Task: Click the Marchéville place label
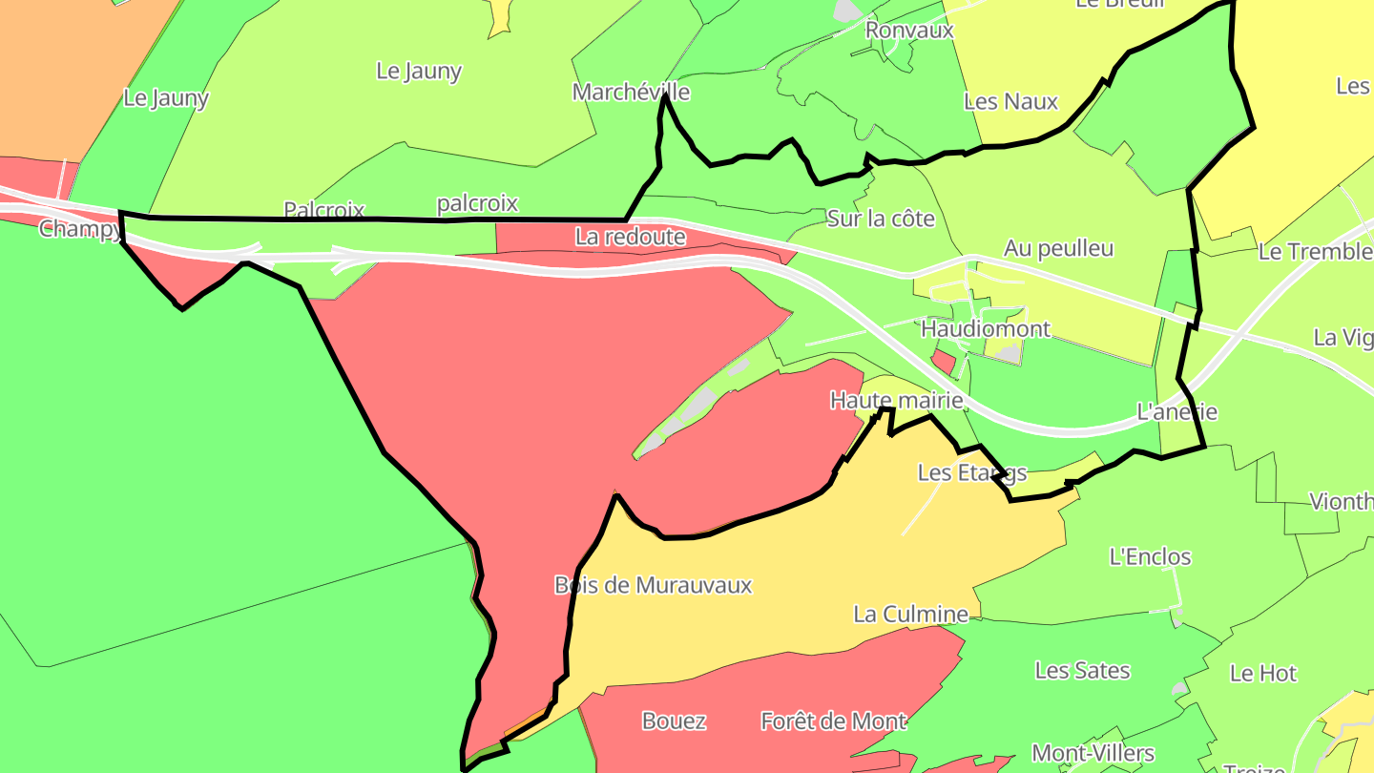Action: point(631,92)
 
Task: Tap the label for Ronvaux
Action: point(909,30)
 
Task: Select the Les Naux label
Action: point(1010,101)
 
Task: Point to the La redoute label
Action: point(631,236)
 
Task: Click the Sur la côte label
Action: point(881,219)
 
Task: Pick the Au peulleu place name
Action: point(1058,248)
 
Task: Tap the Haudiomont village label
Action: point(985,329)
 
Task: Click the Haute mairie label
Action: point(896,400)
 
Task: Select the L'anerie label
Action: point(1177,412)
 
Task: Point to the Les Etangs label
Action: point(971,472)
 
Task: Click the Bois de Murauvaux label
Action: point(653,585)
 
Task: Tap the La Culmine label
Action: point(910,614)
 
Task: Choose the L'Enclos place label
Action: point(1150,556)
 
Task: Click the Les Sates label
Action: point(1082,671)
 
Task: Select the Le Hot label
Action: point(1263,673)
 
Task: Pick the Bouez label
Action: point(674,721)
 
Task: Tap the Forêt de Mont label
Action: point(833,721)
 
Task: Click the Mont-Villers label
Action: point(1093,754)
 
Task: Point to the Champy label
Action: point(80,229)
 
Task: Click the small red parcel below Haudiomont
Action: point(943,362)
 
